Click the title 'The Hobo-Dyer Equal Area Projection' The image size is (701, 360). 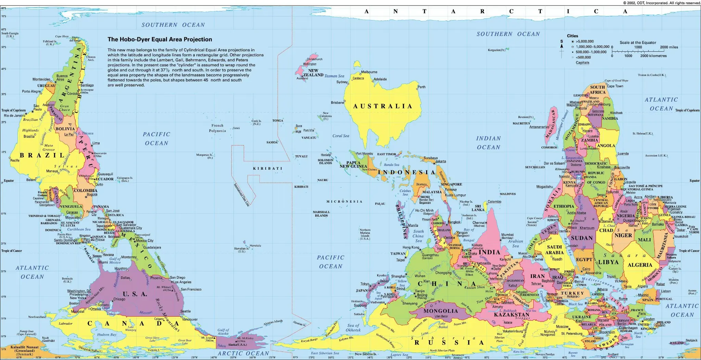tap(160, 39)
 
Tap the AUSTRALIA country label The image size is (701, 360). tap(383, 106)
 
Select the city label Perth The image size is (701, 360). tap(421, 87)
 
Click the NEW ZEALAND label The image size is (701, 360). tap(313, 73)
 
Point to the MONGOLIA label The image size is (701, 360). tap(441, 311)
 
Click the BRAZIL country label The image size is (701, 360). tap(42, 155)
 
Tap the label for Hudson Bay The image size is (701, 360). tap(106, 335)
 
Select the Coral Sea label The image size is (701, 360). tap(341, 136)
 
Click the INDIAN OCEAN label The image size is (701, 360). tap(488, 143)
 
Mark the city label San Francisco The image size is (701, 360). tap(191, 290)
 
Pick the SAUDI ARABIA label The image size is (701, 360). tap(554, 249)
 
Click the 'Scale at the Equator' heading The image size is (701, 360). tap(638, 43)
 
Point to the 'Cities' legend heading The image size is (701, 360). tap(572, 36)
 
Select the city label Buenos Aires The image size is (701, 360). tap(62, 78)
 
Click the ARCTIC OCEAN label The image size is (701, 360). tap(243, 353)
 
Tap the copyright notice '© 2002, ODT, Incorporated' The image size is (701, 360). tap(662, 3)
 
